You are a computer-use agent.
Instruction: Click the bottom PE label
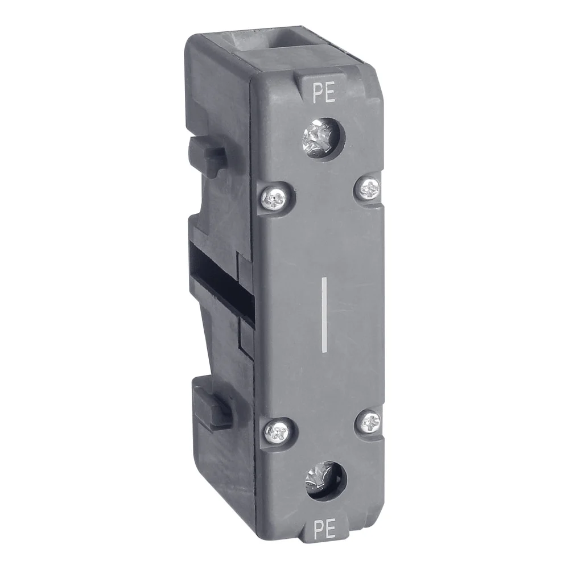pos(324,530)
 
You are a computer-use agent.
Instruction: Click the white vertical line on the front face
pos(324,315)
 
